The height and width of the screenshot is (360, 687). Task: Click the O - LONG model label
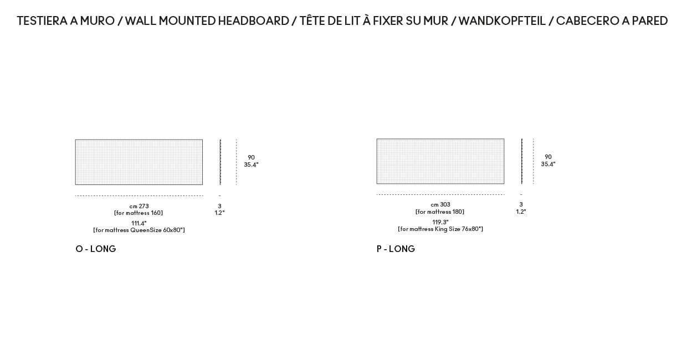point(96,249)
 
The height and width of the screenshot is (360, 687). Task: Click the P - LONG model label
point(396,249)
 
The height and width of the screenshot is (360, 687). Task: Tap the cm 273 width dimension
point(139,206)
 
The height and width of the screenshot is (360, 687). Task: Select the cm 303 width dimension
point(440,204)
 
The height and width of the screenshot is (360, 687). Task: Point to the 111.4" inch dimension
point(139,223)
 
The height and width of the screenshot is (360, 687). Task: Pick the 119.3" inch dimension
point(440,222)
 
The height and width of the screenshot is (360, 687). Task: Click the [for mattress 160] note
point(139,213)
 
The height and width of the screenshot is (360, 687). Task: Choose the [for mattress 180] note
point(440,212)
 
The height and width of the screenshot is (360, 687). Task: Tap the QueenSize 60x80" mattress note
point(139,230)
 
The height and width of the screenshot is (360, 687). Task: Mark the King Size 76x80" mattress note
point(440,229)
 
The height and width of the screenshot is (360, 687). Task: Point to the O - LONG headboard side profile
point(220,162)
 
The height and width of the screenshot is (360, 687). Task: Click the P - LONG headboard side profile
point(522,161)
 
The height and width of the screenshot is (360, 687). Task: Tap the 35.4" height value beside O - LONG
point(251,164)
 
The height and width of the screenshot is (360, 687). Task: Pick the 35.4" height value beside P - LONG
point(548,164)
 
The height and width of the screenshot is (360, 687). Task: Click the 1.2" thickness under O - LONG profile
point(219,213)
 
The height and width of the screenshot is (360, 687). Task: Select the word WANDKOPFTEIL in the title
point(502,21)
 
